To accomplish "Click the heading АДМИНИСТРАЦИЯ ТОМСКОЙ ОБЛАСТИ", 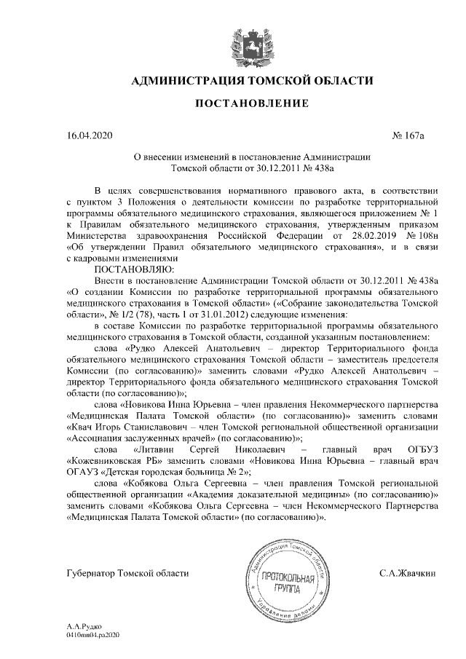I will pyautogui.click(x=251, y=80).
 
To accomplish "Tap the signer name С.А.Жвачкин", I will pyautogui.click(x=408, y=574).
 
